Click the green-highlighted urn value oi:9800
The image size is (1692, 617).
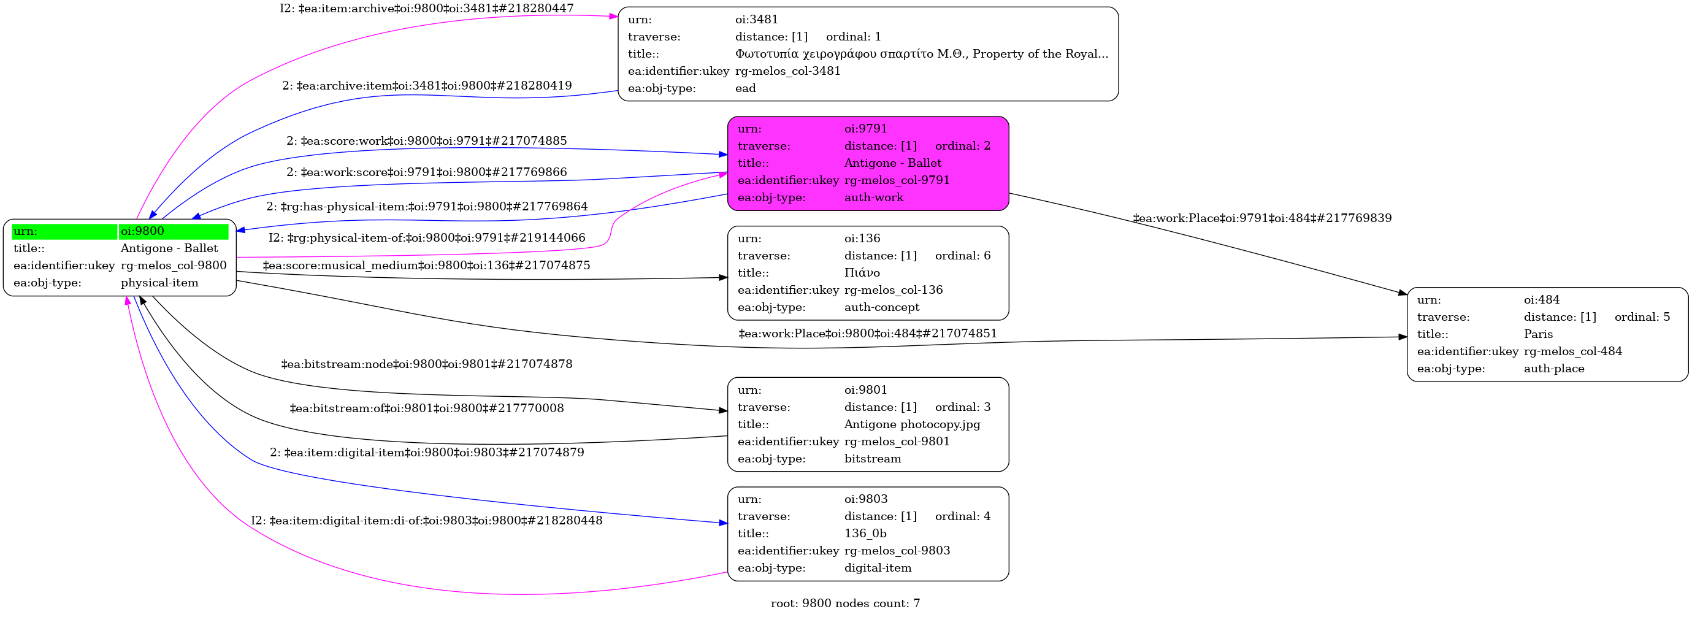point(142,231)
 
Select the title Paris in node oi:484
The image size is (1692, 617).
point(1538,334)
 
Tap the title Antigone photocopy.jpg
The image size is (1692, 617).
point(912,424)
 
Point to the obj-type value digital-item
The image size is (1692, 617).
point(878,569)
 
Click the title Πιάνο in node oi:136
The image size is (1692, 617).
point(862,273)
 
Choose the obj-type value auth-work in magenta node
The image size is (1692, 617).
point(873,197)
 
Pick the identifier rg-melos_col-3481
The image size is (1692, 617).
point(787,71)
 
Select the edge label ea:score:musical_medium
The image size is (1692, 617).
point(426,266)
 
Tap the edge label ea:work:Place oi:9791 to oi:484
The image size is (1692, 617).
point(1261,218)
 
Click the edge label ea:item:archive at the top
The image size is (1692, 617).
point(426,9)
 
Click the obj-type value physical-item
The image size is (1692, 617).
point(159,283)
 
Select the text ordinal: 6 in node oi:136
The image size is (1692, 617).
point(962,256)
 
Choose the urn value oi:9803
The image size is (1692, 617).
point(866,499)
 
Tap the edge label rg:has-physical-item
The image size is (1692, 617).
point(426,206)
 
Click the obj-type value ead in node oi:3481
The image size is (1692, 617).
point(746,89)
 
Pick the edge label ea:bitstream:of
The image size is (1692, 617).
point(426,408)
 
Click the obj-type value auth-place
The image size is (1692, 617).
point(1553,369)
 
